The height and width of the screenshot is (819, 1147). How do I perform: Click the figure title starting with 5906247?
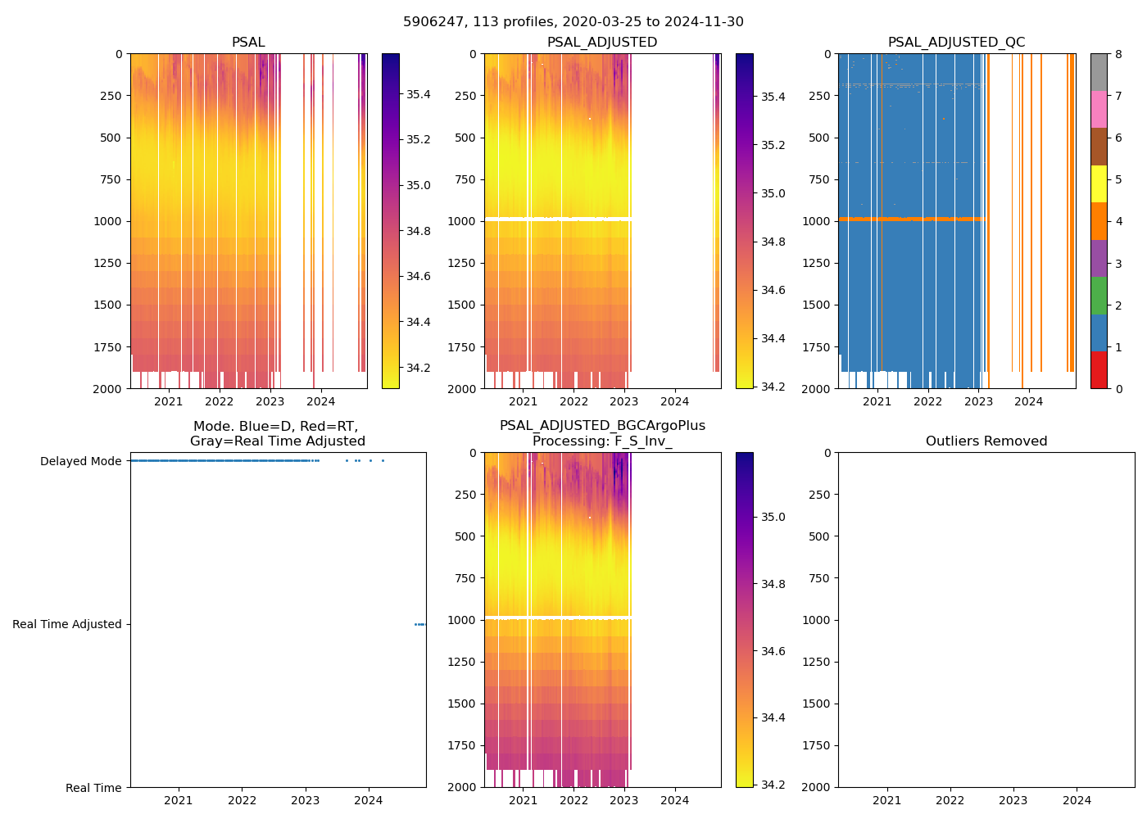click(573, 22)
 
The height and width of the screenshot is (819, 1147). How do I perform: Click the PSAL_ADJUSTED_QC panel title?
click(956, 43)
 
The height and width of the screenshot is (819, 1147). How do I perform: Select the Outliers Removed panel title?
click(986, 441)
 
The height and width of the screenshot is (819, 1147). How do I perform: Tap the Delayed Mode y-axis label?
click(80, 461)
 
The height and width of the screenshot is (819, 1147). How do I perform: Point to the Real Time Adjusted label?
click(66, 624)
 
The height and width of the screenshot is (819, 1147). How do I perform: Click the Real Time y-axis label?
click(93, 788)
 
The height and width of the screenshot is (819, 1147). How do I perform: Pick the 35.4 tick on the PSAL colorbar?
click(419, 94)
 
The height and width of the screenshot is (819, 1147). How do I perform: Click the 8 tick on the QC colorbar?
click(1118, 54)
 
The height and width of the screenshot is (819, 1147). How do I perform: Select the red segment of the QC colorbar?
click(1099, 370)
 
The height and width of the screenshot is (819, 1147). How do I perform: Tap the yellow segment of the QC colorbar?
click(1099, 184)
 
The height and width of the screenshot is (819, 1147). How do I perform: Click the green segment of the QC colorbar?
click(1099, 296)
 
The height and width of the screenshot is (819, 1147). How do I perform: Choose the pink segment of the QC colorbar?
click(1099, 109)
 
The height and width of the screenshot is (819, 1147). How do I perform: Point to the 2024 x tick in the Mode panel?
click(369, 800)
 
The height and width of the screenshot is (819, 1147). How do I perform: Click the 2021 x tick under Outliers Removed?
click(886, 800)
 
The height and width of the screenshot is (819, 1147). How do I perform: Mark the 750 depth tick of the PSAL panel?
click(111, 179)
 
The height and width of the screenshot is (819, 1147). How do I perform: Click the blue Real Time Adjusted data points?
click(419, 624)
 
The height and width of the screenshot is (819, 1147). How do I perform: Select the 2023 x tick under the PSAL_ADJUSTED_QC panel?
click(978, 401)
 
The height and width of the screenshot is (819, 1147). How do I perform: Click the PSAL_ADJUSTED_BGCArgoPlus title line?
click(602, 426)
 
